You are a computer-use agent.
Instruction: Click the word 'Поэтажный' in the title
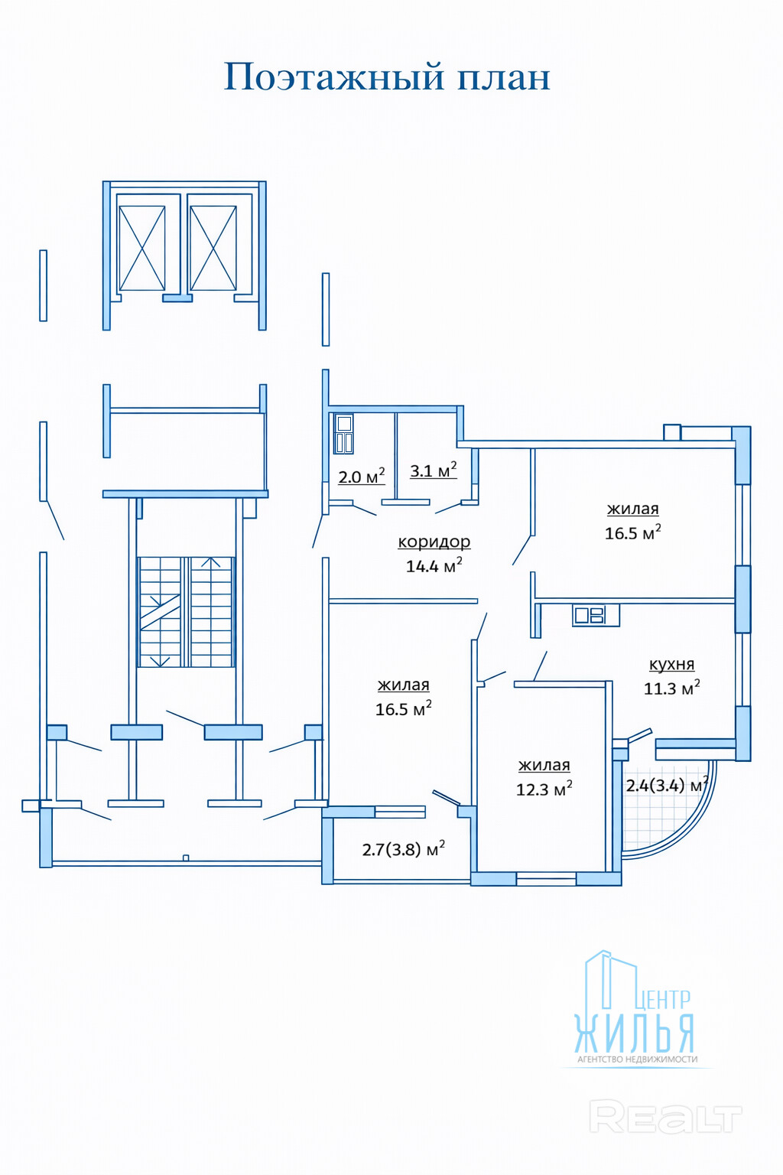pyautogui.click(x=334, y=77)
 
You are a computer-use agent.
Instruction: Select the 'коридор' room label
pyautogui.click(x=434, y=542)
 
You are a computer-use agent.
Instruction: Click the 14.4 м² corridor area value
pyautogui.click(x=434, y=565)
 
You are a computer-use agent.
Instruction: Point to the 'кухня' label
pyautogui.click(x=671, y=664)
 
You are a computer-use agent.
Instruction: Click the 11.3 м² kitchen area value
pyautogui.click(x=671, y=688)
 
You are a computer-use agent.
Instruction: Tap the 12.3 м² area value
pyautogui.click(x=544, y=789)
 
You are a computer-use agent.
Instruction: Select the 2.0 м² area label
pyautogui.click(x=361, y=477)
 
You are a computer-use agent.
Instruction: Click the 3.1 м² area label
pyautogui.click(x=434, y=470)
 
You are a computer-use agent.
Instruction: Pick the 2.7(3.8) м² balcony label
pyautogui.click(x=403, y=849)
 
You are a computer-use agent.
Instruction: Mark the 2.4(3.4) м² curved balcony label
pyautogui.click(x=666, y=786)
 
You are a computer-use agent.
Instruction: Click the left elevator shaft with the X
pyautogui.click(x=141, y=247)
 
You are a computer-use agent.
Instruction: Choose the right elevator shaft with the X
pyautogui.click(x=213, y=247)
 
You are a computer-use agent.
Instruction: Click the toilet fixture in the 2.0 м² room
pyautogui.click(x=344, y=434)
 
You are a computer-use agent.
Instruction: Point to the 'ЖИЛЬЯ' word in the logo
pyautogui.click(x=634, y=1033)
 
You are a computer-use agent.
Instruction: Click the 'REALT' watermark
pyautogui.click(x=665, y=1118)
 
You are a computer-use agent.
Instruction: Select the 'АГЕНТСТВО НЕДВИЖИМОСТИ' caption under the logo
pyautogui.click(x=637, y=1059)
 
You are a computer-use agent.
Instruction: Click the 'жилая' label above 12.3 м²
pyautogui.click(x=544, y=765)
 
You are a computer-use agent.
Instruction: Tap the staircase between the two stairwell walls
pyautogui.click(x=186, y=612)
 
